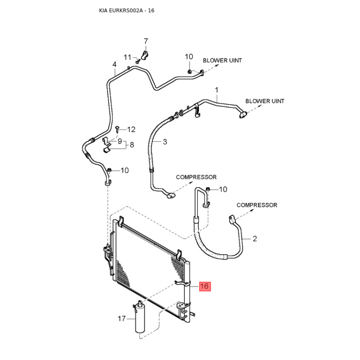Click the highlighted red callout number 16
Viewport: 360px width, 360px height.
pos(205,286)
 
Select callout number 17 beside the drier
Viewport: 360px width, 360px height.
pos(121,319)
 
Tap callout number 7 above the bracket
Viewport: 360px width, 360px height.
pos(145,41)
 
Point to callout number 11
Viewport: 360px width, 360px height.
pos(128,57)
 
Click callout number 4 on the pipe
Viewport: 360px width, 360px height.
pos(114,64)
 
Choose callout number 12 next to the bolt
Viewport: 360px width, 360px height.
pos(131,130)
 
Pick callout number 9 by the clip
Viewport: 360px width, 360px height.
pos(120,141)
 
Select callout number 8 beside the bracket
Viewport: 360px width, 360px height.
pos(132,145)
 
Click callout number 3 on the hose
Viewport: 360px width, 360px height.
pos(165,142)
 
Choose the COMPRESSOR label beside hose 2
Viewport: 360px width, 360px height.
pos(257,205)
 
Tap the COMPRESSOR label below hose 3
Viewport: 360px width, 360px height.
pos(196,177)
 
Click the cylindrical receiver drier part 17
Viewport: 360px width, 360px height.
pos(140,319)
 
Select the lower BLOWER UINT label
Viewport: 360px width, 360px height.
pos(265,101)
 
